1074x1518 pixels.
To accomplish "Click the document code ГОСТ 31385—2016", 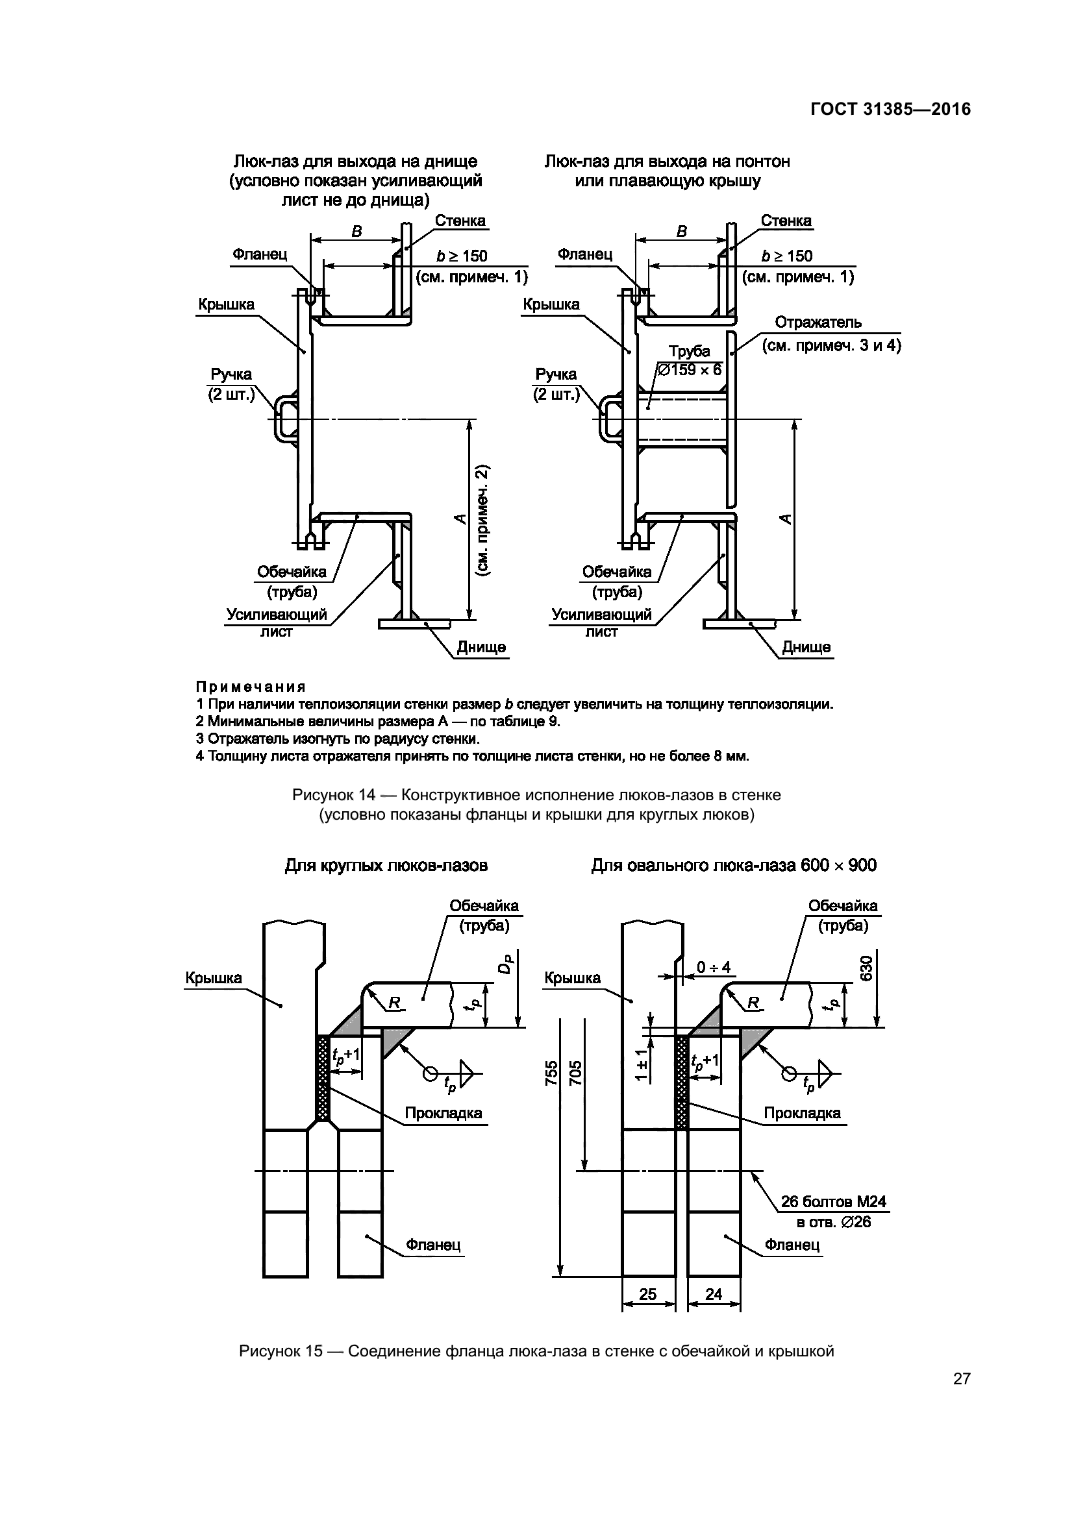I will pyautogui.click(x=890, y=109).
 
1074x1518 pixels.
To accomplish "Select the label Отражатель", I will pyautogui.click(x=818, y=323).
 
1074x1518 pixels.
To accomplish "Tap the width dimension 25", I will pyautogui.click(x=647, y=1294).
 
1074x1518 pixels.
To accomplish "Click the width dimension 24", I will pyautogui.click(x=714, y=1294).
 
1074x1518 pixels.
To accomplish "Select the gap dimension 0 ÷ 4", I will pyautogui.click(x=714, y=967).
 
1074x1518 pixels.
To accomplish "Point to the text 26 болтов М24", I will pyautogui.click(x=833, y=1201).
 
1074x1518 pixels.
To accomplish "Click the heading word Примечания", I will pyautogui.click(x=251, y=686).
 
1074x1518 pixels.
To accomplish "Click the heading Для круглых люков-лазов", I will pyautogui.click(x=386, y=866).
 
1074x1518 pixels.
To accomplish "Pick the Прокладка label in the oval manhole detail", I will pyautogui.click(x=801, y=1113).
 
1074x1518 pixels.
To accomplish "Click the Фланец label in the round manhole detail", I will pyautogui.click(x=433, y=1245).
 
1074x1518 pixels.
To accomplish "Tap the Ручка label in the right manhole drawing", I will pyautogui.click(x=556, y=375).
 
